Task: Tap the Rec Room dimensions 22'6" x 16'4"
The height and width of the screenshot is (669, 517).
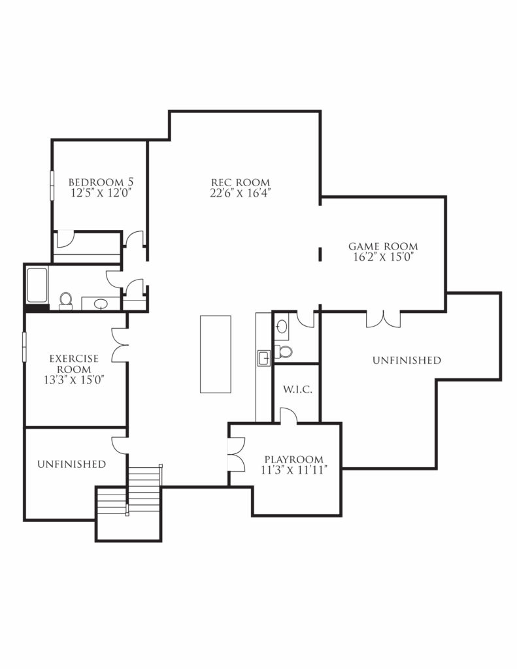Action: pos(241,193)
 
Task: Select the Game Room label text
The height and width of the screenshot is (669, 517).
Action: pos(382,246)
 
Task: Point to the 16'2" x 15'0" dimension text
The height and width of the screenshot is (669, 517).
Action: pos(382,257)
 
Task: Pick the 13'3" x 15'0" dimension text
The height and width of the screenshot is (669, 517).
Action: pos(74,379)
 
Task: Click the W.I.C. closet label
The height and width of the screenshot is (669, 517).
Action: pos(297,390)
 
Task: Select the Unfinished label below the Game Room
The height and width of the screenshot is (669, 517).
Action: pos(407,360)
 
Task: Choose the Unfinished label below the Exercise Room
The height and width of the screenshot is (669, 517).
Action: pos(71,464)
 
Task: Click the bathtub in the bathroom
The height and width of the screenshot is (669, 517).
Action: pos(37,285)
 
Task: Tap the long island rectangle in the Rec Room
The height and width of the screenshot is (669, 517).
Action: pos(216,354)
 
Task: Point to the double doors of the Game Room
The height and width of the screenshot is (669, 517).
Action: pos(383,319)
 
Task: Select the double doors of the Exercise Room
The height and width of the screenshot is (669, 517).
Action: pos(120,344)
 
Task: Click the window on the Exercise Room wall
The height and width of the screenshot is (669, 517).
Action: pos(25,346)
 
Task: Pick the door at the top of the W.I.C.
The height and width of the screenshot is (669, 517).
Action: pos(288,416)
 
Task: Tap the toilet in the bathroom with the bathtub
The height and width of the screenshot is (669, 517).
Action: pos(65,300)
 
